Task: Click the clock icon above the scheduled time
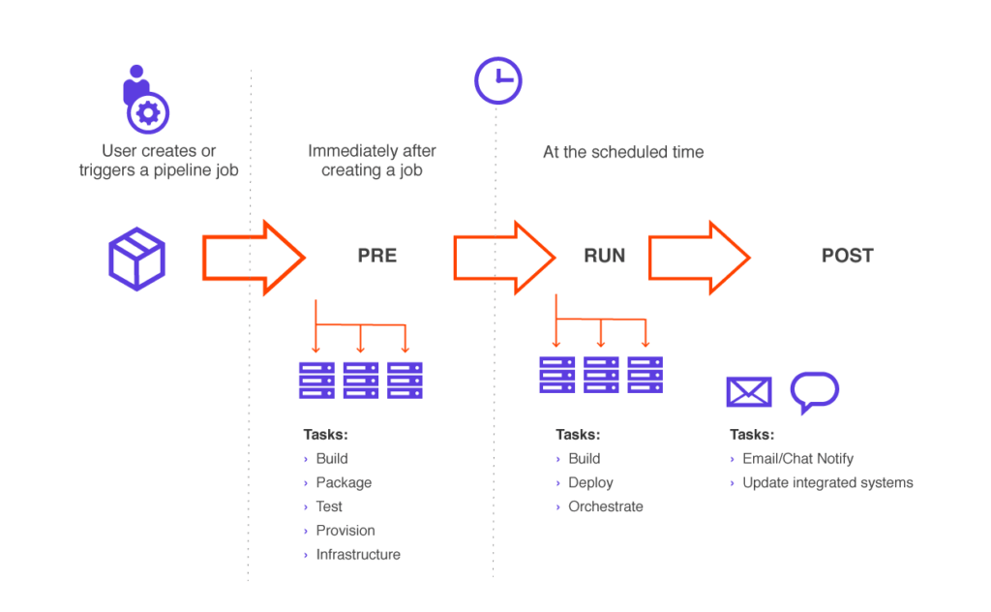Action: tap(498, 81)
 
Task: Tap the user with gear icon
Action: tap(145, 100)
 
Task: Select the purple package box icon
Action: tap(136, 259)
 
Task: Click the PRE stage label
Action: tap(377, 256)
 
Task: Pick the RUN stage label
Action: tap(604, 256)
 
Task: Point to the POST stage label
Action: tap(848, 256)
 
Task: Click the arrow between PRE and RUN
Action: tap(504, 258)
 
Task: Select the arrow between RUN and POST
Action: tap(699, 258)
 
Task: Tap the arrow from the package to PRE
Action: tap(255, 258)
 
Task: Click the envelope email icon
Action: tap(749, 392)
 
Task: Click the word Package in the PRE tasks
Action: tap(344, 482)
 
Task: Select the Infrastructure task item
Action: tap(358, 555)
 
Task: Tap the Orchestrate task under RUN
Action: tap(606, 506)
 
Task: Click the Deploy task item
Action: tap(591, 482)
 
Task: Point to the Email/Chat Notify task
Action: tap(797, 458)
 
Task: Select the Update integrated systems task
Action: tap(828, 482)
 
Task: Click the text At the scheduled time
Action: tap(623, 152)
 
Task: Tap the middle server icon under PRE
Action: tap(361, 381)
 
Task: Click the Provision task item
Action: tap(345, 531)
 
